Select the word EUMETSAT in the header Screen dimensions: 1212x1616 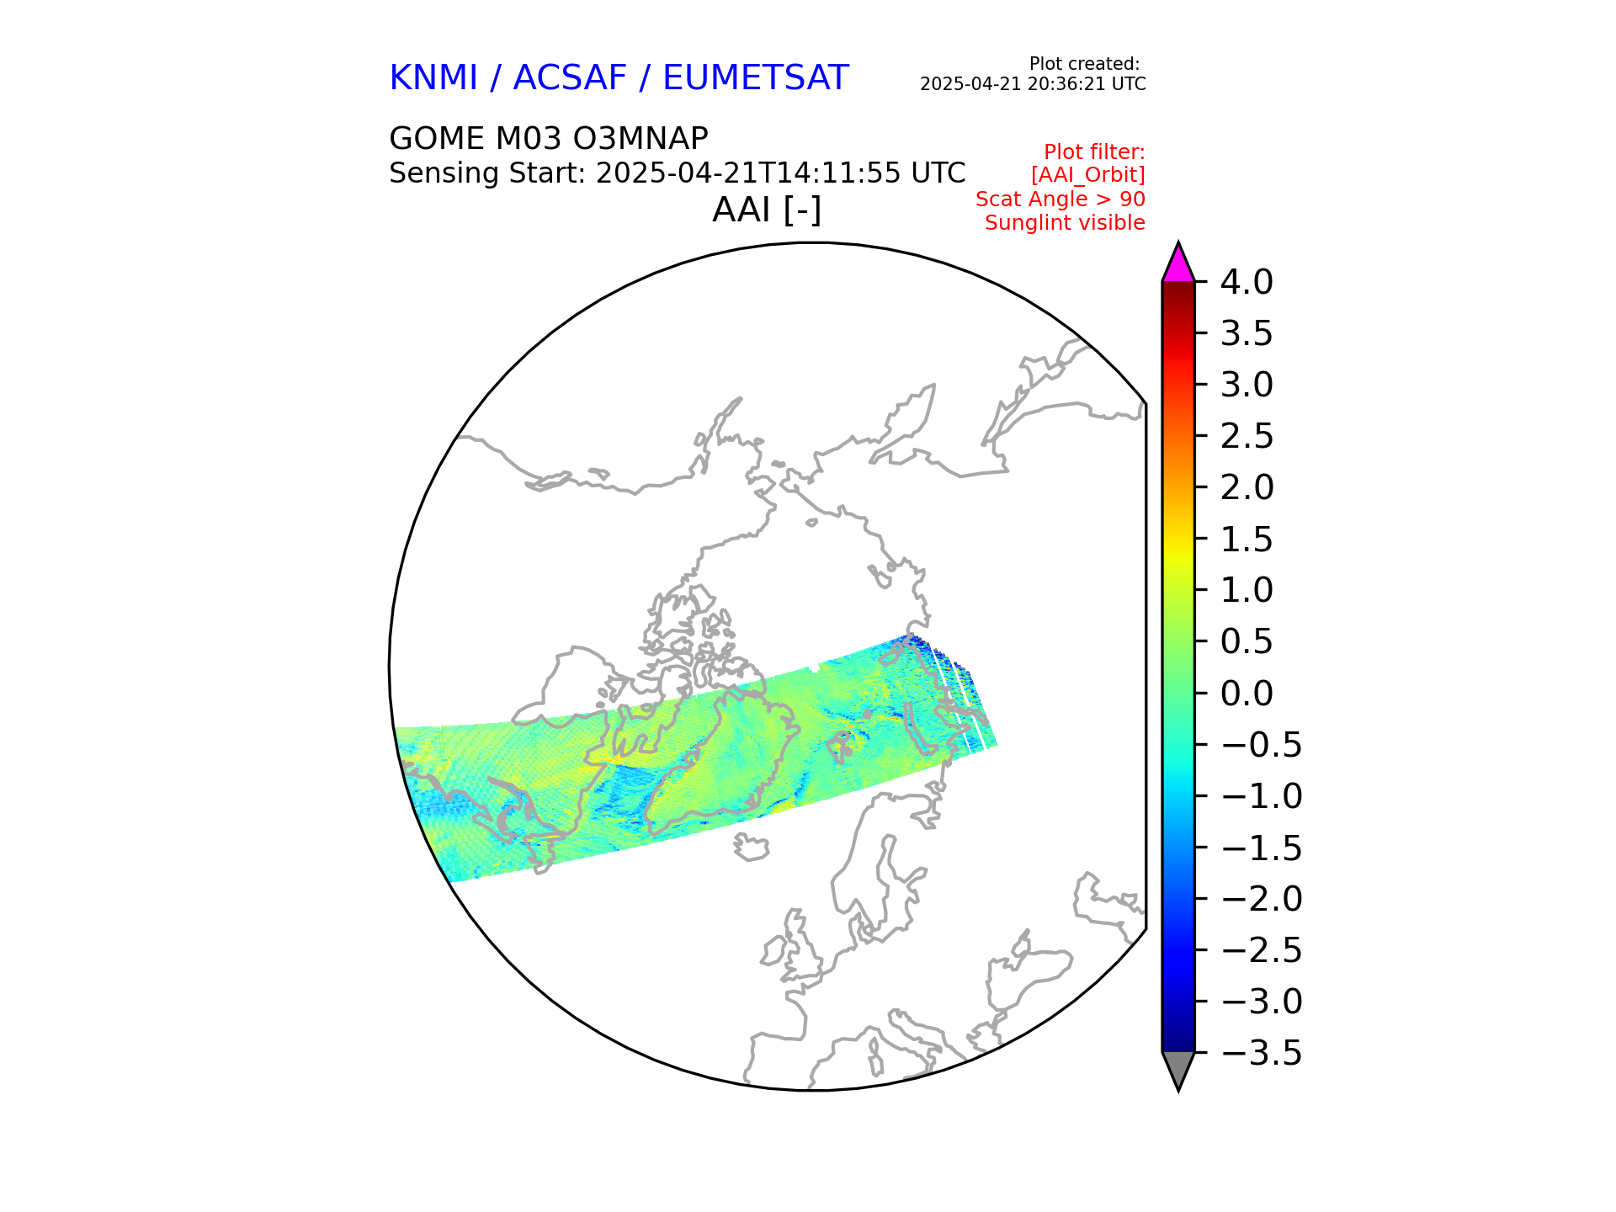pos(755,78)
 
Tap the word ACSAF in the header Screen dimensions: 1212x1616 pos(570,78)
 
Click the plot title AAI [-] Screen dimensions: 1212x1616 pos(766,210)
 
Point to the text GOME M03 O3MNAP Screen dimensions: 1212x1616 pos(548,138)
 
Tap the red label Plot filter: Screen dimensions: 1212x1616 pos(1093,152)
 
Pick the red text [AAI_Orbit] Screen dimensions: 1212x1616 pos(1087,175)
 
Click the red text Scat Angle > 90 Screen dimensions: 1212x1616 pos(1060,199)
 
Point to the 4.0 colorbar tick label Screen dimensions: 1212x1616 pos(1247,283)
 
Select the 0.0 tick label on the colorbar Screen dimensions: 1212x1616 pos(1247,694)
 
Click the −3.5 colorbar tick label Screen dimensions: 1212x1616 pos(1261,1053)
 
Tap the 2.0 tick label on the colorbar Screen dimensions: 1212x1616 pos(1247,487)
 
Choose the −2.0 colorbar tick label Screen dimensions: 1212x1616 pos(1261,899)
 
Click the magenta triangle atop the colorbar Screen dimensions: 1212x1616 pos(1177,264)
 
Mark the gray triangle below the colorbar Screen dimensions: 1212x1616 pos(1177,1068)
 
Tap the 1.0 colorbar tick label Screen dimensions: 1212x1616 pos(1247,590)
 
